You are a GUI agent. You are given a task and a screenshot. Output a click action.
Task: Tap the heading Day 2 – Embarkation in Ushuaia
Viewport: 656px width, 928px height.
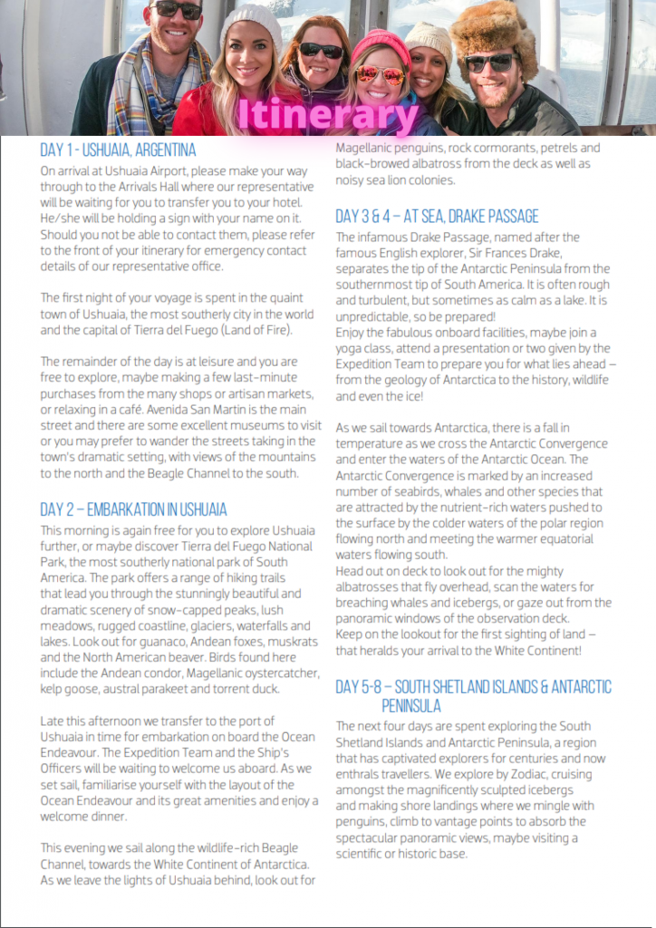[x=133, y=508]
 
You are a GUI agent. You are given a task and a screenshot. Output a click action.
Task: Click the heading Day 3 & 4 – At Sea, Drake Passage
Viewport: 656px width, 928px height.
[x=437, y=216]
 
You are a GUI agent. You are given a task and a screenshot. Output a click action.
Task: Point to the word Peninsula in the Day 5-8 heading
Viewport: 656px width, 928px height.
[x=410, y=704]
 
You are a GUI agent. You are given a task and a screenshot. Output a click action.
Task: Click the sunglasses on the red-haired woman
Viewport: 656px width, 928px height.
[x=322, y=52]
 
